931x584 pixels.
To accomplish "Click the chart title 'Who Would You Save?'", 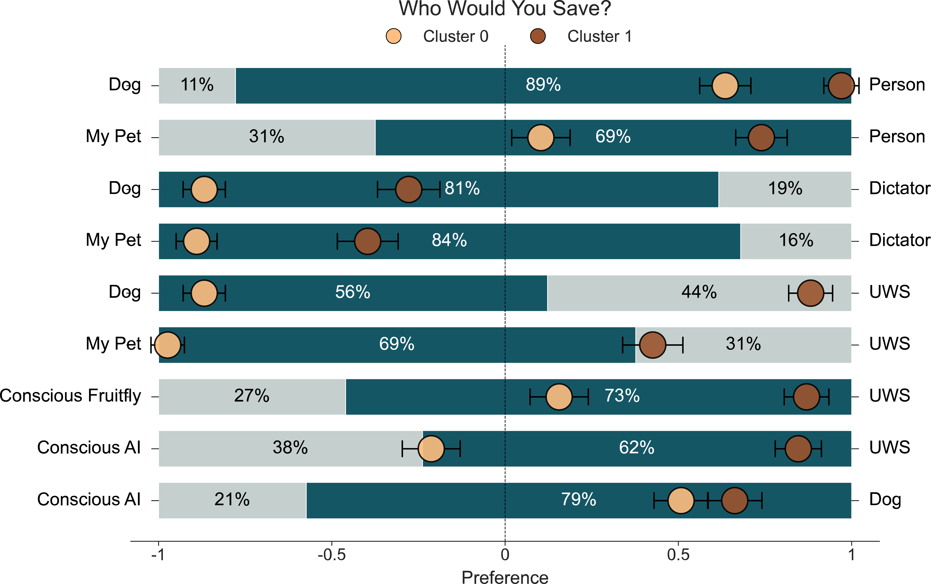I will coord(505,8).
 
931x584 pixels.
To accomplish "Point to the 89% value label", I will coord(543,85).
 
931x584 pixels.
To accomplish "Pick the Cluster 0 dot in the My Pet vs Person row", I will coord(541,137).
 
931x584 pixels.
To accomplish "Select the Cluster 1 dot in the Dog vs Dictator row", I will coord(408,189).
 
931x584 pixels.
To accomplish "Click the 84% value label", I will coord(449,240).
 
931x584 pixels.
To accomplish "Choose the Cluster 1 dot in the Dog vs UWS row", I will coord(810,293).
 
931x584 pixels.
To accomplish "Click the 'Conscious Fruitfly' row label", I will coord(71,396).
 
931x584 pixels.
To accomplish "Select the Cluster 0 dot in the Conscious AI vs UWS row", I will coord(431,449).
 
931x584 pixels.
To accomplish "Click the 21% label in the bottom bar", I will coord(232,499).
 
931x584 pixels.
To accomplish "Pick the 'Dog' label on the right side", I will coord(885,500).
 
